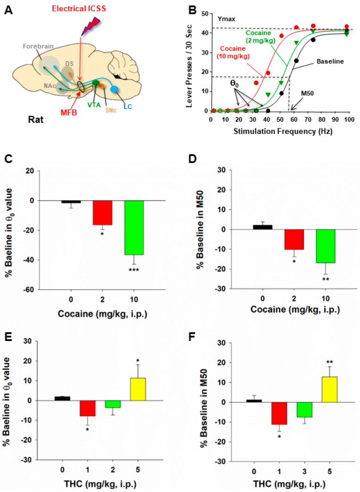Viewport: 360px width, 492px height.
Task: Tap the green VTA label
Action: [95, 105]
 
